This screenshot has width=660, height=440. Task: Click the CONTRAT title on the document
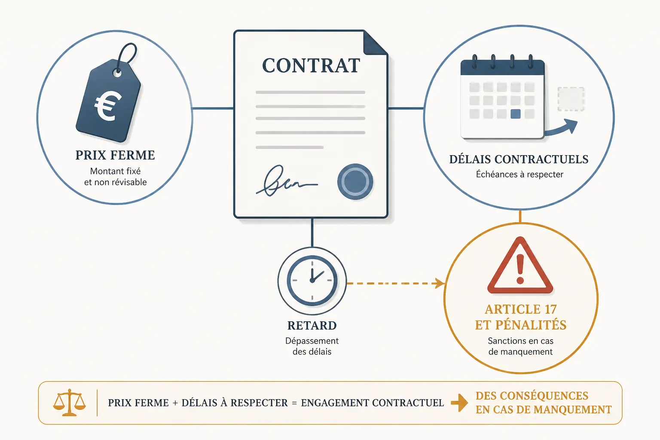coord(311,65)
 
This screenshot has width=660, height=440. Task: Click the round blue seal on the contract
coord(355,181)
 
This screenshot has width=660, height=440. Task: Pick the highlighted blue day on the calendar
coord(515,114)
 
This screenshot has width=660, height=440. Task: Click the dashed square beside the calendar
coord(571,99)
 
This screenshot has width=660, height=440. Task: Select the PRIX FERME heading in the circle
coord(115,155)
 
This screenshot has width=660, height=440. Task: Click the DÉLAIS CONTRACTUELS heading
coord(519,159)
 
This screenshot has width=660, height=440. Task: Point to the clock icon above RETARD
coord(312,281)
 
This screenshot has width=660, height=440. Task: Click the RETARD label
coord(312,326)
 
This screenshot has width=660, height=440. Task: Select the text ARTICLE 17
coord(521,309)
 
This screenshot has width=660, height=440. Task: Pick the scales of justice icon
coord(69,403)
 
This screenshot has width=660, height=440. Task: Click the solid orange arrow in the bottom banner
coord(459,403)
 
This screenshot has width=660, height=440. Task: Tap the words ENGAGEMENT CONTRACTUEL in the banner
coord(373,403)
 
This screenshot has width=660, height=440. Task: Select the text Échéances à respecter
coord(520,174)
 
